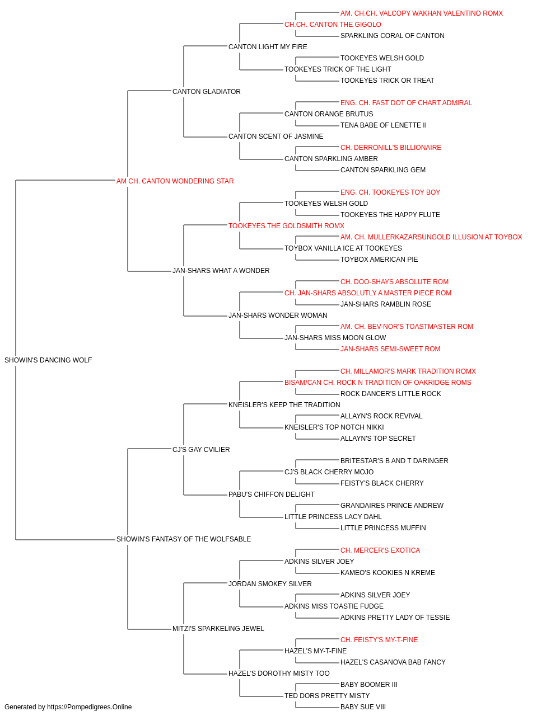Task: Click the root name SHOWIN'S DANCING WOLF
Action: point(48,360)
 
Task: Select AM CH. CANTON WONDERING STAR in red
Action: point(175,181)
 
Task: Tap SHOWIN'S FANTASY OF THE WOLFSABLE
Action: point(184,539)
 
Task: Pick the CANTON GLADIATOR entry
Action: point(207,92)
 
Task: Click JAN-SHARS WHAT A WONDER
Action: point(221,271)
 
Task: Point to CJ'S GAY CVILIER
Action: point(201,449)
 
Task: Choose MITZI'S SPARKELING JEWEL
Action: point(218,628)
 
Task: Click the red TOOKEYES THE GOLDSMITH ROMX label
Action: point(286,226)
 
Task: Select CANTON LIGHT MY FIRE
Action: point(268,47)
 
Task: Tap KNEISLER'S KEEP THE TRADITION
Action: point(284,405)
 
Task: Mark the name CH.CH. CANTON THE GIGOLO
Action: point(333,25)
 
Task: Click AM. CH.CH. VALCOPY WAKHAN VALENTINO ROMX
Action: point(422,13)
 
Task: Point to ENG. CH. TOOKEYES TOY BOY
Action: point(390,192)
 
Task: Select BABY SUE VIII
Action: point(363,707)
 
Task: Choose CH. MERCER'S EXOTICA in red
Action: point(380,550)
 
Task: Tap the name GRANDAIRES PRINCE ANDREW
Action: point(392,506)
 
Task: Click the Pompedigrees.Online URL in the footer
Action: point(90,707)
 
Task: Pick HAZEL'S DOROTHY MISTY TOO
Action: point(279,673)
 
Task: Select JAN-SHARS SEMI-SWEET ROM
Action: point(390,349)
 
